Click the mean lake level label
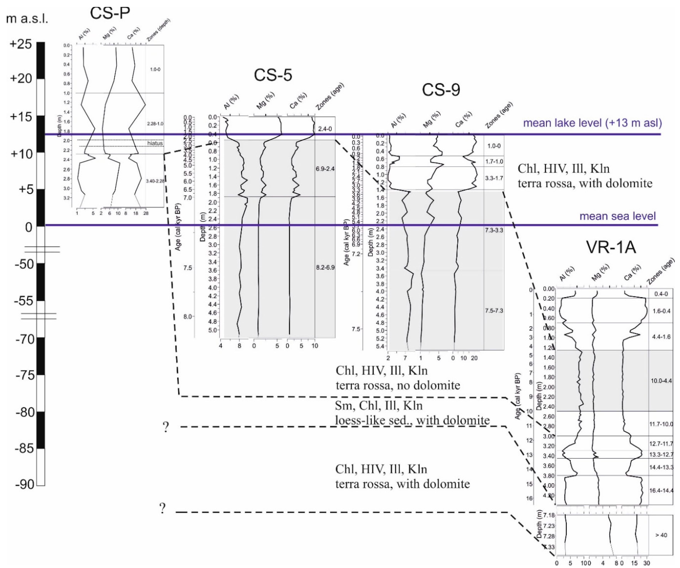pyautogui.click(x=593, y=123)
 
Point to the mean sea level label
pyautogui.click(x=618, y=216)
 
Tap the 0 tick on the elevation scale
pyautogui.click(x=29, y=227)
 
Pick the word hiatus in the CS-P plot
pyautogui.click(x=155, y=143)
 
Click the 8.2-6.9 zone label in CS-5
pyautogui.click(x=325, y=268)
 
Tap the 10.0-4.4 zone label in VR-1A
pyautogui.click(x=661, y=381)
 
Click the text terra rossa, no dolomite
pyautogui.click(x=398, y=385)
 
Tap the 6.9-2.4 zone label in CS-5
pyautogui.click(x=325, y=169)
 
